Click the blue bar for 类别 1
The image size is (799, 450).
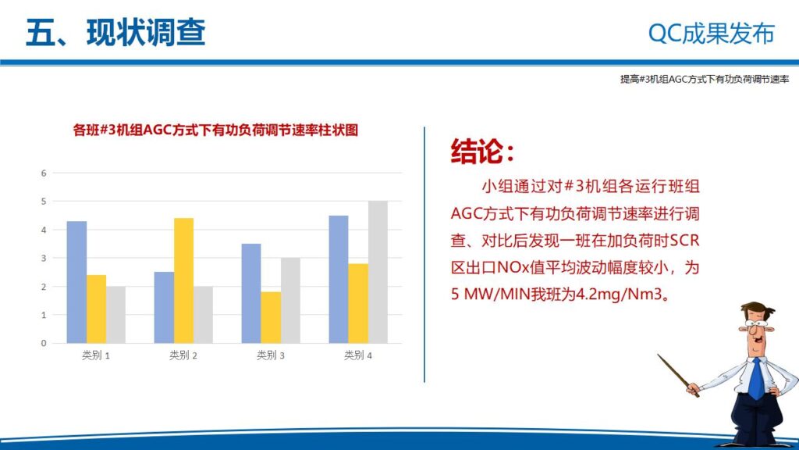coord(76,282)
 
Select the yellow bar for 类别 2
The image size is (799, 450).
coord(183,280)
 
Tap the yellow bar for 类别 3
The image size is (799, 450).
coord(271,317)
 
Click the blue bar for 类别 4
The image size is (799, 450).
coord(339,279)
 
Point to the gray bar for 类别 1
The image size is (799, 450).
coord(115,315)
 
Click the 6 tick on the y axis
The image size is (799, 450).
coord(44,173)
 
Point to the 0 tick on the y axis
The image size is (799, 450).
coord(44,343)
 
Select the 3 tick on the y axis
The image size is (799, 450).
coord(44,258)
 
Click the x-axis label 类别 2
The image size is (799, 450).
coord(183,355)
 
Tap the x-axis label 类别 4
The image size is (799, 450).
coord(358,355)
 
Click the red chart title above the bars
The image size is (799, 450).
coord(215,130)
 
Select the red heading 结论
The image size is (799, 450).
coord(482,152)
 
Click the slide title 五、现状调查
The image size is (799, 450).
coord(115,33)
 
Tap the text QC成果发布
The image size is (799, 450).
coord(712,34)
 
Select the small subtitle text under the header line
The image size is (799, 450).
coord(705,80)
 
